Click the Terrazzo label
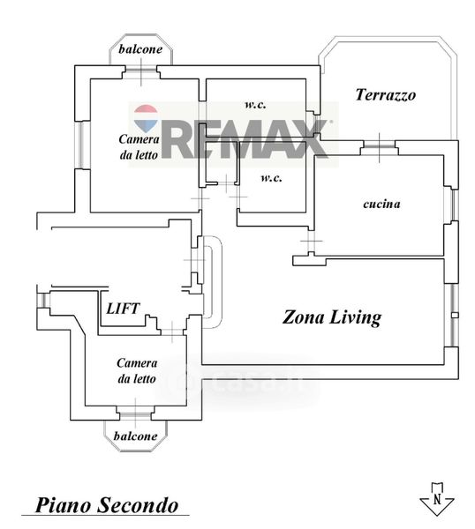(x=385, y=95)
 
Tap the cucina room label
(x=381, y=204)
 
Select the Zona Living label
(x=332, y=317)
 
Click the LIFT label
(x=123, y=309)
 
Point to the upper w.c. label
(x=255, y=104)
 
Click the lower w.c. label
(x=271, y=178)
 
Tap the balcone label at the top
(x=140, y=49)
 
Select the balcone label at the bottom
(x=135, y=436)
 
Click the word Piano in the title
(x=64, y=505)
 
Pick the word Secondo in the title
(x=138, y=505)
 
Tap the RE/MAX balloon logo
(x=146, y=118)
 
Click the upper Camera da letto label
(x=139, y=146)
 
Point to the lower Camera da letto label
(x=137, y=371)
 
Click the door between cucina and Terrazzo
(x=379, y=145)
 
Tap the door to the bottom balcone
(x=135, y=415)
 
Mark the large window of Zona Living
(x=452, y=315)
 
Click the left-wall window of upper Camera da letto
(x=82, y=145)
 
